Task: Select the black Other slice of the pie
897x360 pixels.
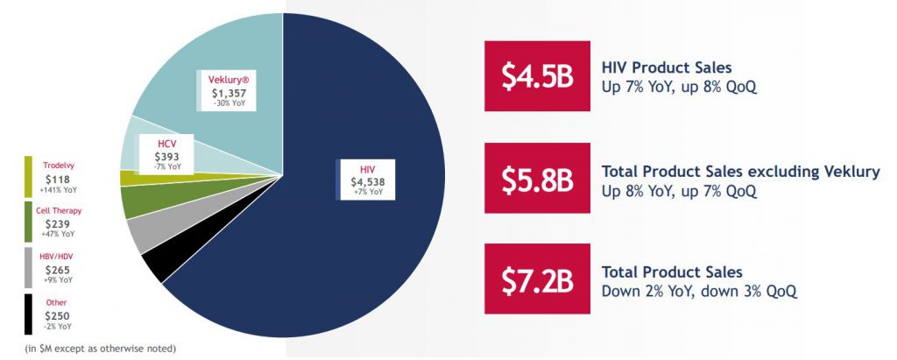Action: (154, 265)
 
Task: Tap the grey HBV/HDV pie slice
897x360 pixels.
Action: (143, 234)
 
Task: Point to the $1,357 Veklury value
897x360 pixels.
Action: (227, 94)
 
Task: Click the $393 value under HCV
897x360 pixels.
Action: (166, 156)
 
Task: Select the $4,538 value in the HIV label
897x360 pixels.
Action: (368, 182)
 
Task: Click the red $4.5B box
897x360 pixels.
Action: (537, 75)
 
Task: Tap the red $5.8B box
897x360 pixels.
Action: (537, 178)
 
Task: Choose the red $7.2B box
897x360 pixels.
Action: (537, 279)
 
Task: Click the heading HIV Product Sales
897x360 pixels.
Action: (667, 67)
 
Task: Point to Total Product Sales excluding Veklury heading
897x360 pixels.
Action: (741, 171)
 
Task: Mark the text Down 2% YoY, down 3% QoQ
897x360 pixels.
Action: (698, 291)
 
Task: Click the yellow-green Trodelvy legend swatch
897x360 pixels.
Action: (29, 176)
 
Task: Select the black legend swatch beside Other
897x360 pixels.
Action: (29, 314)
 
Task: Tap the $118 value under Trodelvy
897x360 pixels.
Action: (59, 180)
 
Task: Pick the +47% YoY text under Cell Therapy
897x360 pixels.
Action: (59, 234)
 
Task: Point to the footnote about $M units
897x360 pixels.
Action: (100, 348)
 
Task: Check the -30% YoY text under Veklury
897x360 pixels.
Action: (228, 104)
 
